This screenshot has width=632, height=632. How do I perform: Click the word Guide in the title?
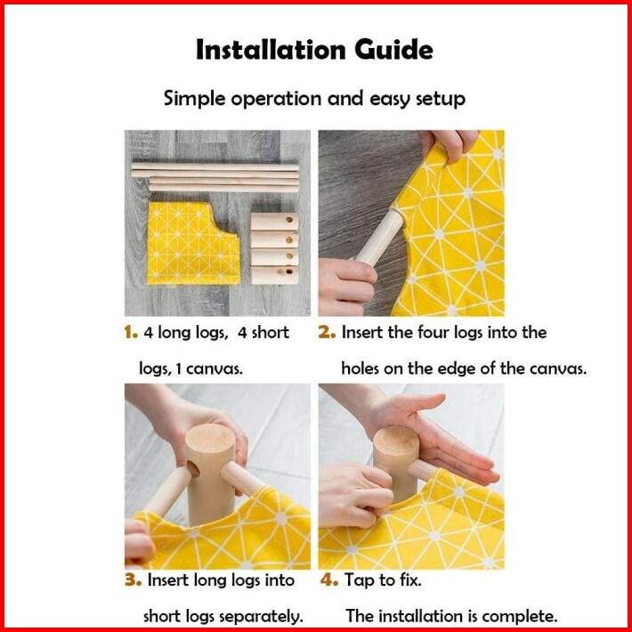point(393,50)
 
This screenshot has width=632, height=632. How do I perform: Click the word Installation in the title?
point(271,50)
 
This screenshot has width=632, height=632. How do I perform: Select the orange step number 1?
point(131,333)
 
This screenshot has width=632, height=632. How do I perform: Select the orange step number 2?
point(327,333)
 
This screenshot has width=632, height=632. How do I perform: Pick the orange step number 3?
point(133,580)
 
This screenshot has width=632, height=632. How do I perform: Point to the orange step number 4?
point(328,580)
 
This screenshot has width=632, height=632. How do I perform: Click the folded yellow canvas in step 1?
point(193,243)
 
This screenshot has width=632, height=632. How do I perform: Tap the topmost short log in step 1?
point(274,222)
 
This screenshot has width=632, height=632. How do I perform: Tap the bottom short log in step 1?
point(274,275)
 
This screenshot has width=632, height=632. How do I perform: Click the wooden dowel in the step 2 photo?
point(379,237)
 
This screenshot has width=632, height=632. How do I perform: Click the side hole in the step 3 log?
point(193,469)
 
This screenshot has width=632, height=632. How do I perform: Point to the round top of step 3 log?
point(210,438)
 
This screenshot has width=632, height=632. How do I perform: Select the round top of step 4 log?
point(396,441)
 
